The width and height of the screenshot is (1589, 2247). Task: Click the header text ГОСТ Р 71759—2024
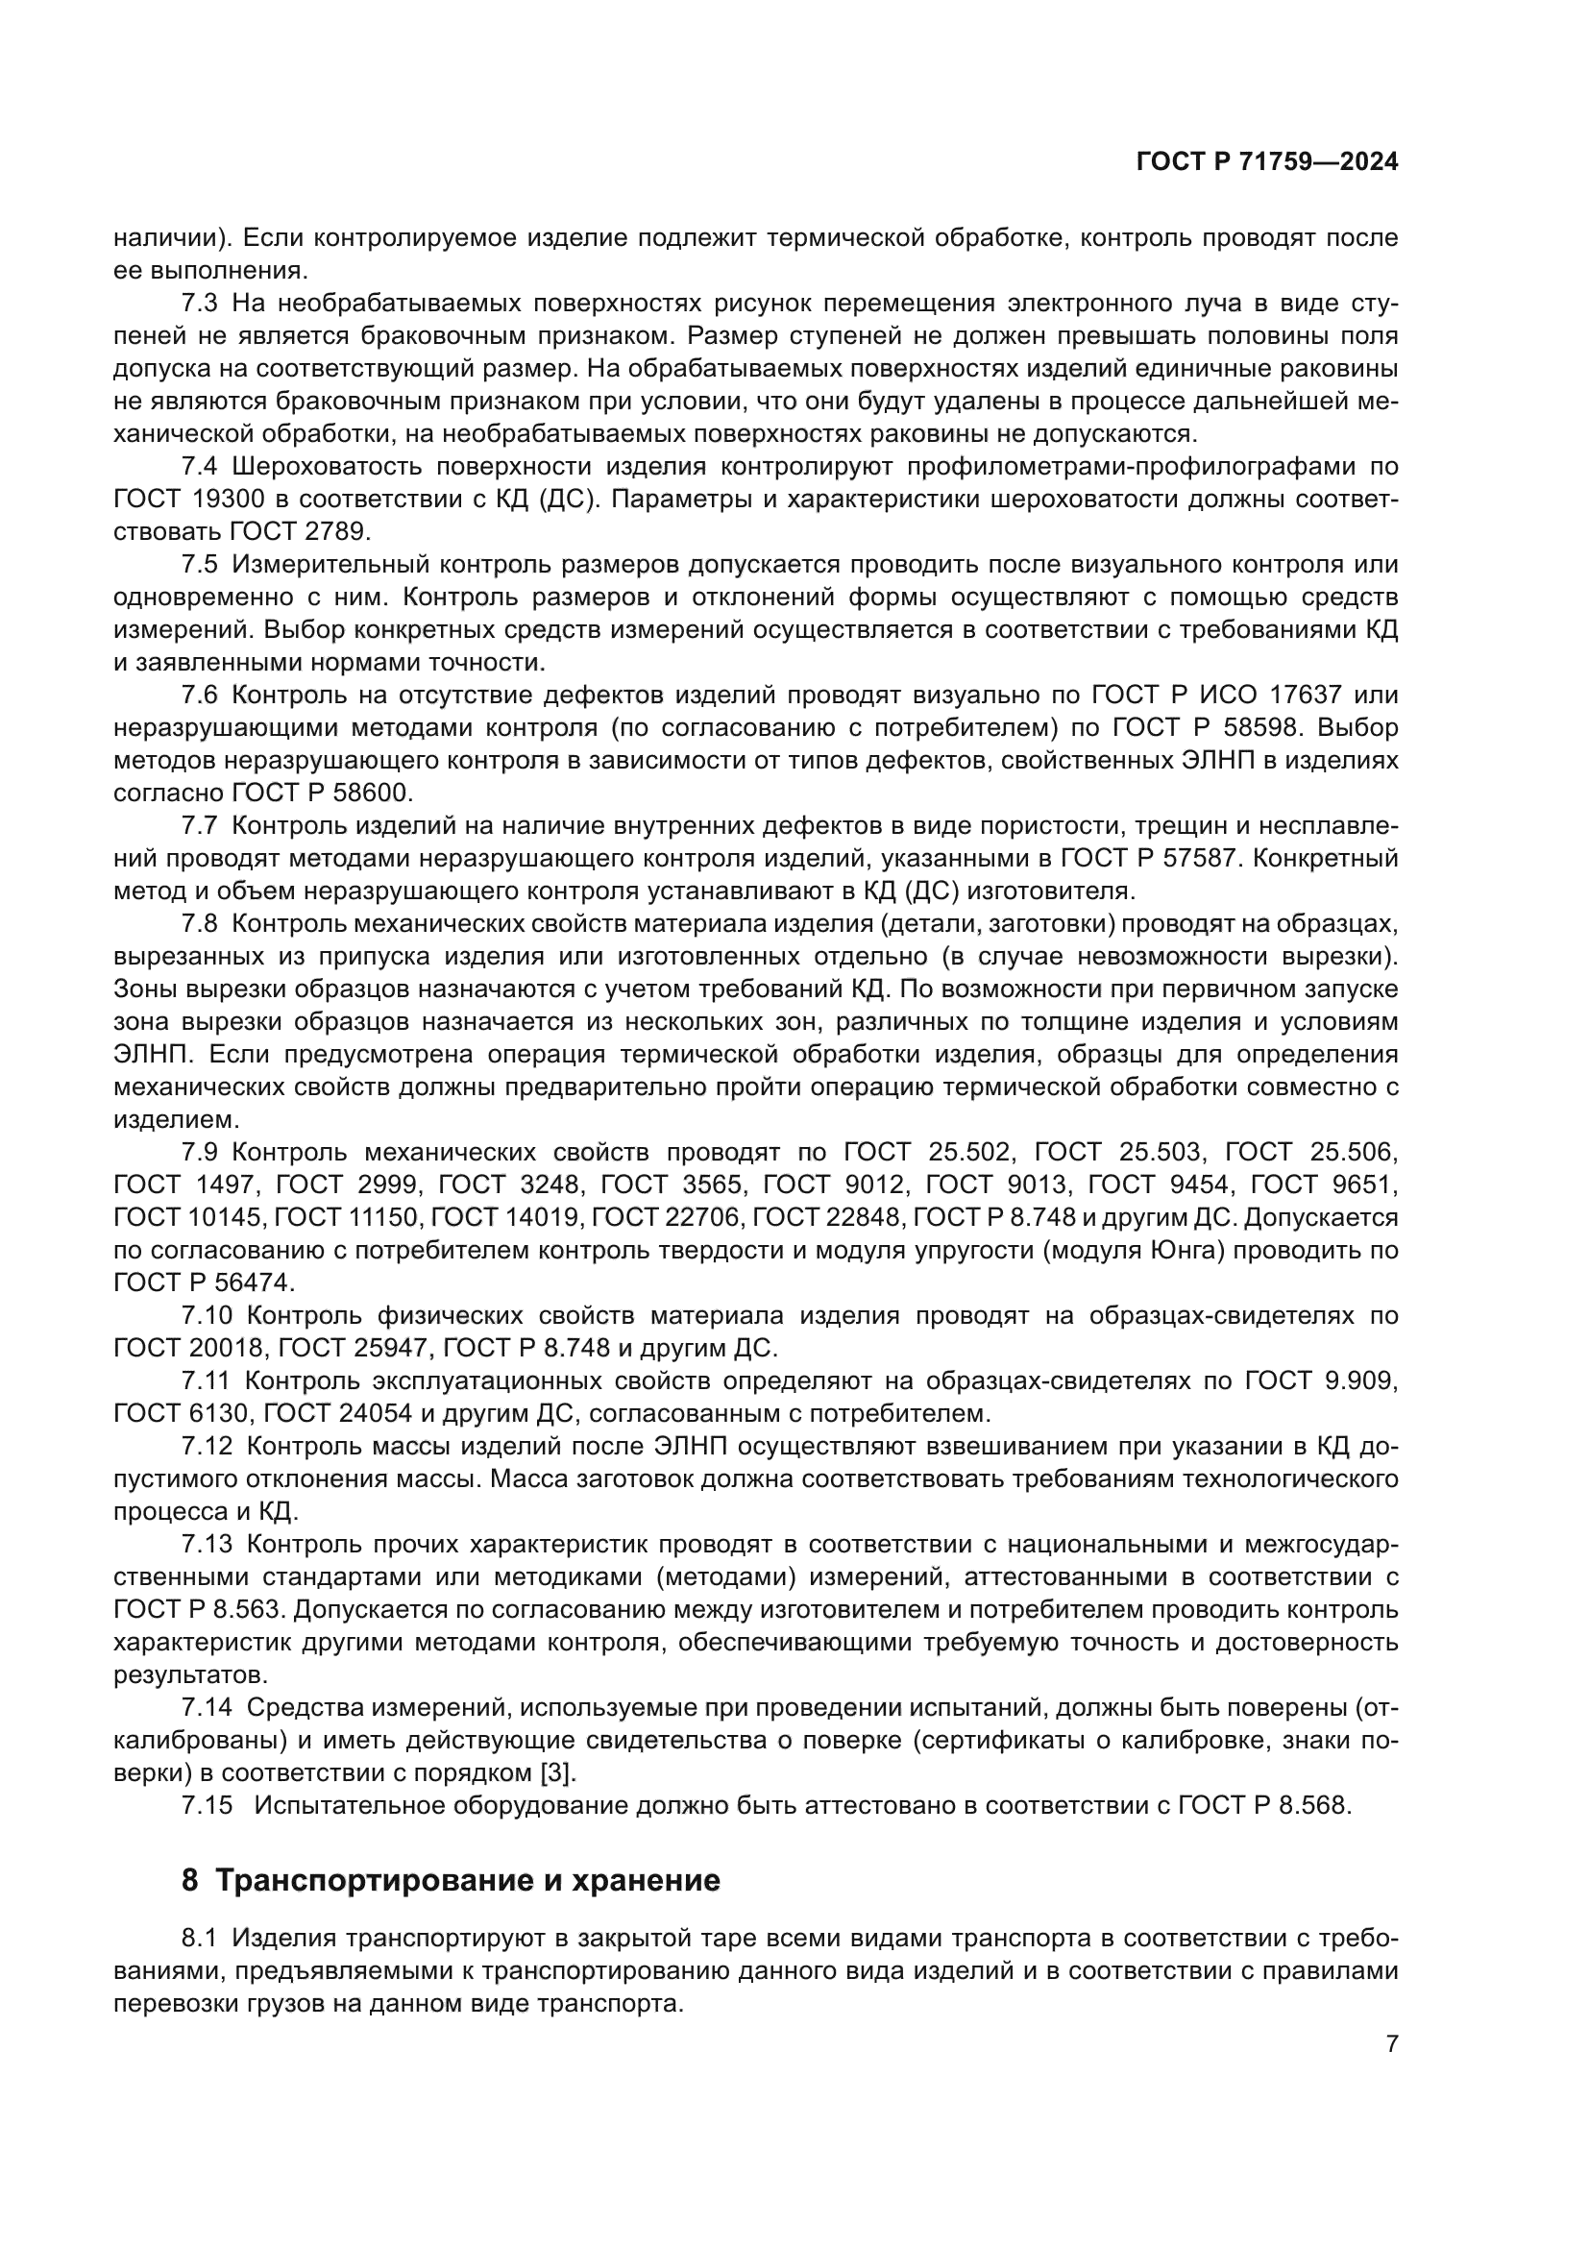click(1266, 162)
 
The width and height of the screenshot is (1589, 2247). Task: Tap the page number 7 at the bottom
click(1391, 2043)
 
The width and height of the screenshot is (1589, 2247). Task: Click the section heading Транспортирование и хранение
click(468, 1881)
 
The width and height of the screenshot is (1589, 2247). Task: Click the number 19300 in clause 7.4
click(229, 500)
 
